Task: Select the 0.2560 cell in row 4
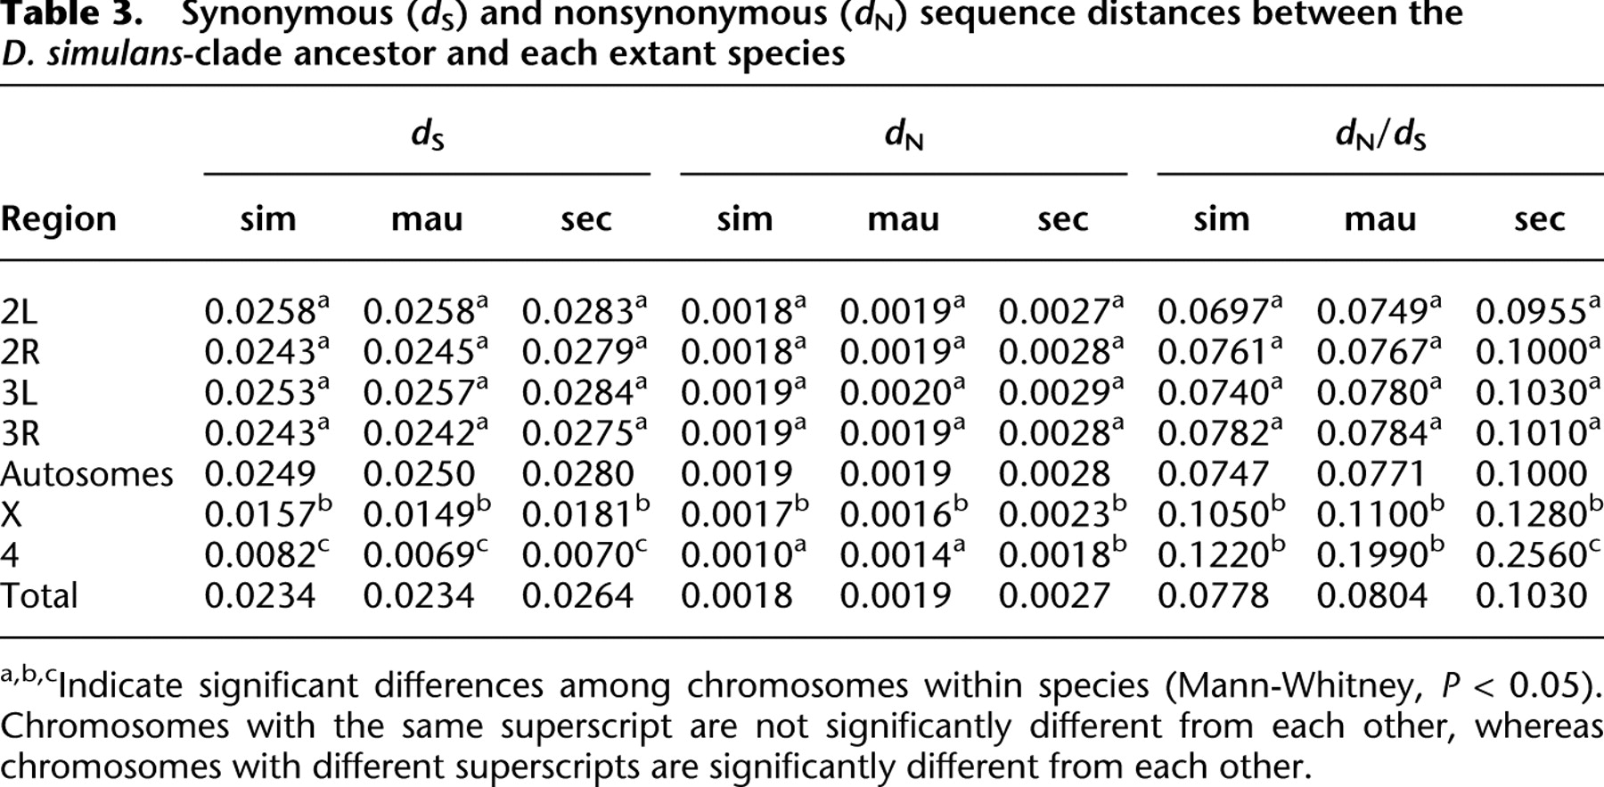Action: [x=1532, y=555]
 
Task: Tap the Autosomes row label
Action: [x=86, y=474]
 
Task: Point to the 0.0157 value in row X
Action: [x=260, y=515]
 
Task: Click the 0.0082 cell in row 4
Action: [x=260, y=555]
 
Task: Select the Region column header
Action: [x=59, y=219]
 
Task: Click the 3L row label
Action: [x=19, y=393]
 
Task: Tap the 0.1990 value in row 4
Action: [x=1372, y=555]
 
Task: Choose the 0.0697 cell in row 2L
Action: [x=1213, y=312]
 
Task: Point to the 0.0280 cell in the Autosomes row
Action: [x=577, y=474]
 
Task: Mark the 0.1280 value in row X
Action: [x=1532, y=515]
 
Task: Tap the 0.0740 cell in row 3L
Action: [x=1213, y=393]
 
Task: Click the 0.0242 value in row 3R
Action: [x=419, y=434]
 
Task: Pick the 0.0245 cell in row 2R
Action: [x=419, y=353]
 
